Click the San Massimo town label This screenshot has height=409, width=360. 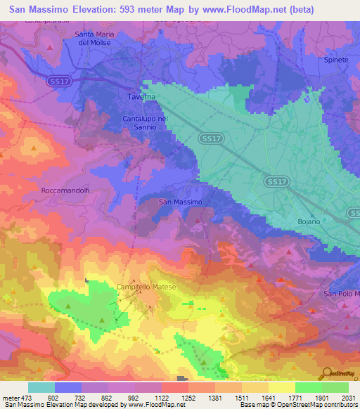(181, 202)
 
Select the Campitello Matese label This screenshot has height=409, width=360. (146, 287)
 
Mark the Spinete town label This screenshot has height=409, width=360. (336, 60)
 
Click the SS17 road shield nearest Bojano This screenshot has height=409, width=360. (276, 181)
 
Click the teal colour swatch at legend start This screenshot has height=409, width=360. (41, 387)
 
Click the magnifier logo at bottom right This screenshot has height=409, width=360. (325, 373)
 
